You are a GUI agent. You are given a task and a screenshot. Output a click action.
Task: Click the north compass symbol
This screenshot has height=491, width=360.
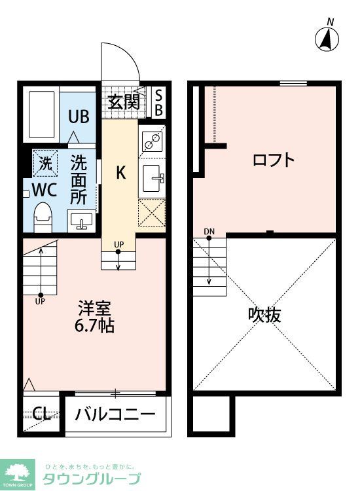click(x=327, y=40)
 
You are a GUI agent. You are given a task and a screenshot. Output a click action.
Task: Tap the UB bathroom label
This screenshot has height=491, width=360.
click(x=79, y=117)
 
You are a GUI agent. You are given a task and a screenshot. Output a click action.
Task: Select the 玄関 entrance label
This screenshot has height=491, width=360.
click(x=123, y=101)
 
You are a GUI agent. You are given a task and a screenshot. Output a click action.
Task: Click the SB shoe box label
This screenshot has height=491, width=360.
click(x=158, y=102)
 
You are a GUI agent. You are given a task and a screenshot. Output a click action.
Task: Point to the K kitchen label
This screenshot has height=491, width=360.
click(x=121, y=173)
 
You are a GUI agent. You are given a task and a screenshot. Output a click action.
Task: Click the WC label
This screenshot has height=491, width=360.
click(x=45, y=191)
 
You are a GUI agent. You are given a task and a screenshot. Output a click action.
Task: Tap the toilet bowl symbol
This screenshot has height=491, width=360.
click(x=44, y=216)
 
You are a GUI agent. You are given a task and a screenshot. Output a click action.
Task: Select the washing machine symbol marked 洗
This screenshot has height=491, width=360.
click(x=45, y=164)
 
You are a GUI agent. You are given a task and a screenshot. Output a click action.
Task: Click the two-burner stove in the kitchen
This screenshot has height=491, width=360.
click(x=153, y=141)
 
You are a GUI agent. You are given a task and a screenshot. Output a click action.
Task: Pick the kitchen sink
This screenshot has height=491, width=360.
click(x=153, y=175)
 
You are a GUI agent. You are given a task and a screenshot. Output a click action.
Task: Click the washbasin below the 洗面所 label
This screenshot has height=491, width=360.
click(x=81, y=221)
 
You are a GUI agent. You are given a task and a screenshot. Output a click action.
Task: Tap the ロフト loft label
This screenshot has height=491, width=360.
click(x=274, y=160)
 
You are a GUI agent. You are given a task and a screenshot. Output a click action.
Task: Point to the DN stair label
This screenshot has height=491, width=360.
click(x=209, y=231)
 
